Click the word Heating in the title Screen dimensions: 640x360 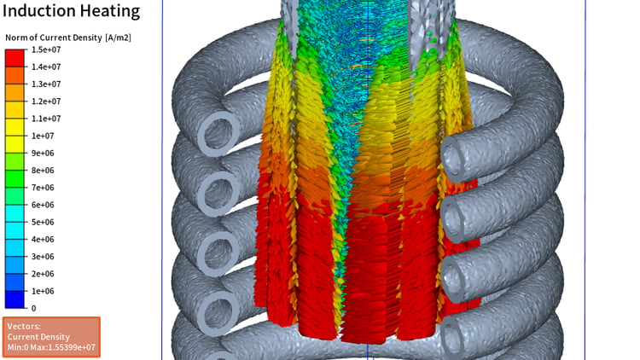point(109,11)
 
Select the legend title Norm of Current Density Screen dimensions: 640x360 point(54,38)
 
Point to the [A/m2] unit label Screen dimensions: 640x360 point(118,38)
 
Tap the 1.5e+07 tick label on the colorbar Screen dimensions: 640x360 point(46,49)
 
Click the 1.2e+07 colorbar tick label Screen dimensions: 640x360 point(46,102)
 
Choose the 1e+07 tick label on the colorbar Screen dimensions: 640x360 point(43,136)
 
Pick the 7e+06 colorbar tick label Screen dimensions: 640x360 point(43,188)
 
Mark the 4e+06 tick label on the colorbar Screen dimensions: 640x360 point(43,239)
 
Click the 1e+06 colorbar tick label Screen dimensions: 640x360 point(43,291)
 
